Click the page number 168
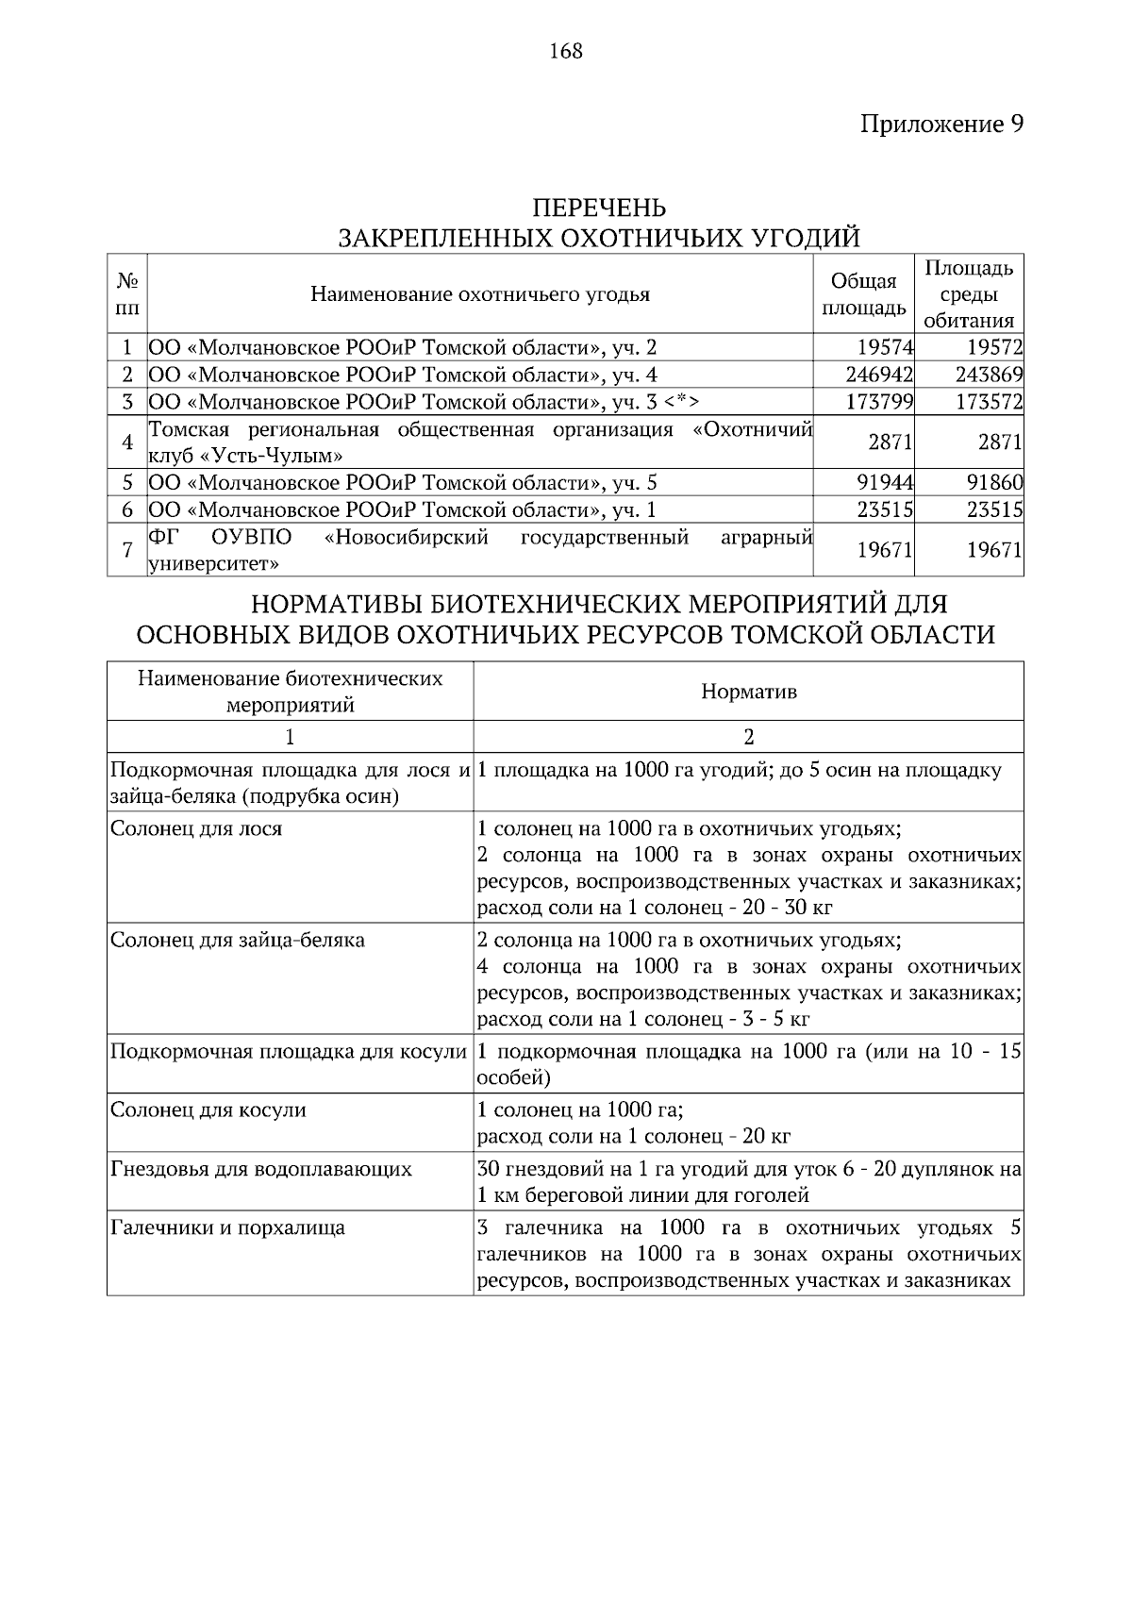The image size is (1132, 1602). click(566, 51)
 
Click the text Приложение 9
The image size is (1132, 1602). click(941, 125)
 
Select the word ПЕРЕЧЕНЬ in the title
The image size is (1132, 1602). click(599, 208)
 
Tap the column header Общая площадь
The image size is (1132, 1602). click(863, 294)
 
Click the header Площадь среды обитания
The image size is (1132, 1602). click(969, 294)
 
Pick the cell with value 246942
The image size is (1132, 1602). click(879, 375)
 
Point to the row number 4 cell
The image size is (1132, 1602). click(127, 442)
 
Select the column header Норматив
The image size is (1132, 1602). click(748, 692)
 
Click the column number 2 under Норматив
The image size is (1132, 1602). click(748, 737)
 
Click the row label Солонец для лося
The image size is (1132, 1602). click(196, 829)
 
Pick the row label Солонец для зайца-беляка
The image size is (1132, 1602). click(238, 941)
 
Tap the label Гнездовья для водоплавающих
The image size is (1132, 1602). click(261, 1170)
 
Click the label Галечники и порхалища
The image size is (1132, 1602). click(227, 1228)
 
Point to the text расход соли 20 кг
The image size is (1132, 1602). click(634, 1136)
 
